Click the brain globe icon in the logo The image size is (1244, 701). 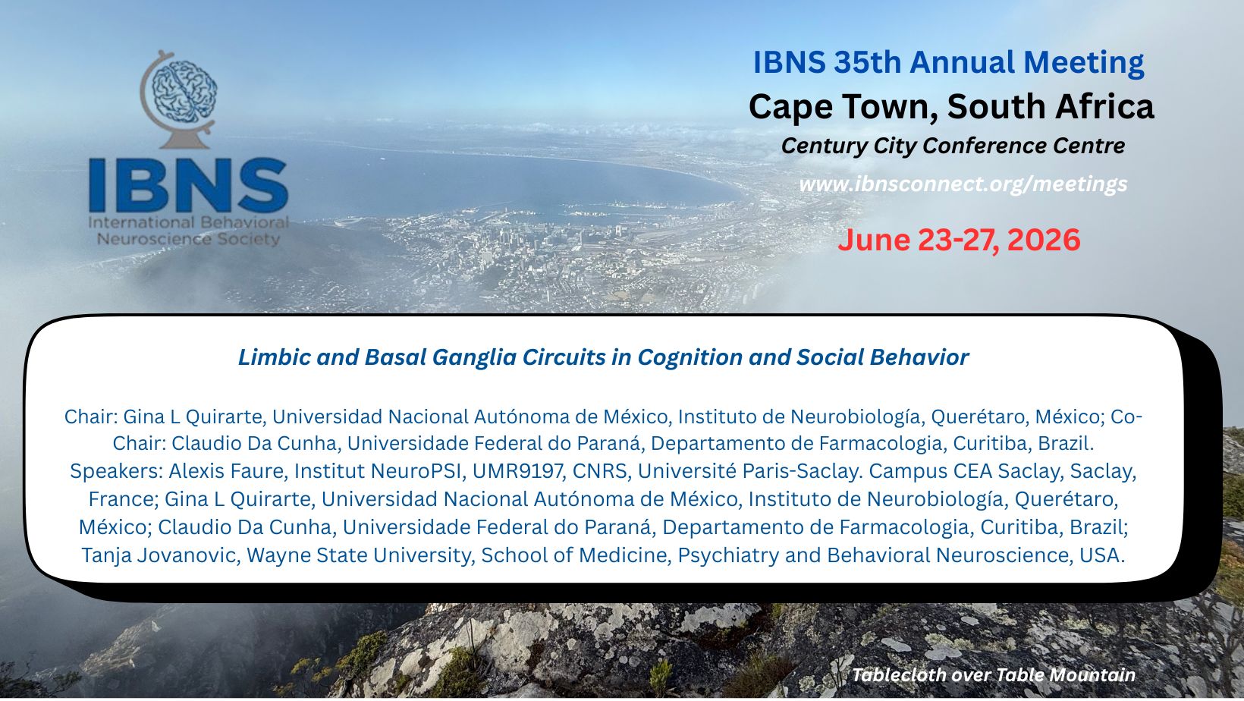point(177,99)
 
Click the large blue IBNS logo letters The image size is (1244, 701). point(188,185)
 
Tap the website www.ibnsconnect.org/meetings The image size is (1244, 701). point(963,184)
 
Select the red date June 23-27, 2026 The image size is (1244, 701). point(959,240)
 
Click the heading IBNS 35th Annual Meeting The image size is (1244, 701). point(948,62)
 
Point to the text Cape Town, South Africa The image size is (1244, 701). point(951,106)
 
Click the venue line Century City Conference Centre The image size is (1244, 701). point(953,146)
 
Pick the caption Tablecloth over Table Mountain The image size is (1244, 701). point(994,675)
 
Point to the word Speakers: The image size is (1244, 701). point(116,471)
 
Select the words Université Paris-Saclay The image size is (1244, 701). point(749,471)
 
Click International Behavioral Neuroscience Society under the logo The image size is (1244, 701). point(188,231)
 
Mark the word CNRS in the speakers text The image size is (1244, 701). point(602,471)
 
